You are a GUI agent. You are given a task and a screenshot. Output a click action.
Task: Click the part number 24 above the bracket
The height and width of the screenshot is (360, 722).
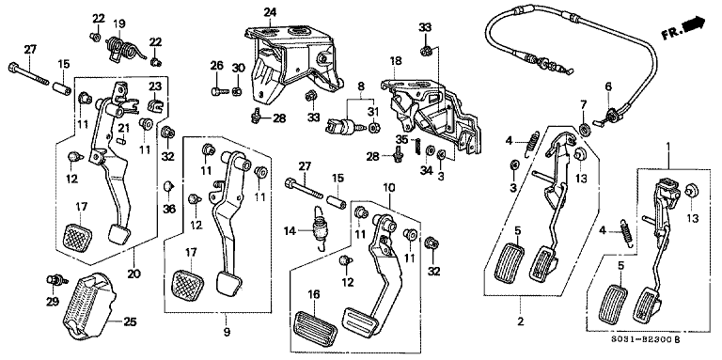point(270,12)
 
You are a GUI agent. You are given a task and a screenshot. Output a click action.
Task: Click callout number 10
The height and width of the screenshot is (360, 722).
point(387,188)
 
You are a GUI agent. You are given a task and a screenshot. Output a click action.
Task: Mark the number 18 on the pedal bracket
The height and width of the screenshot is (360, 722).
point(396,61)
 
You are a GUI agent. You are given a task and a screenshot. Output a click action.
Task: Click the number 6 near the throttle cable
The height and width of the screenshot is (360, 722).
point(608,86)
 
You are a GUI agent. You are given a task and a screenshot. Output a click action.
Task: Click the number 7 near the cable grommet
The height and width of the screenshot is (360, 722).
point(583,103)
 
